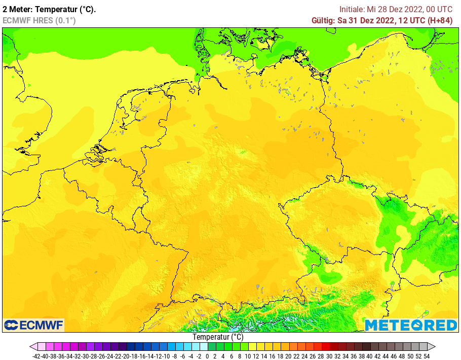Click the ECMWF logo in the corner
pyautogui.click(x=33, y=325)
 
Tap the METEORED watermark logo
pyautogui.click(x=411, y=325)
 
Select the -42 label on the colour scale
pyautogui.click(x=36, y=356)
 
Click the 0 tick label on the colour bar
pyautogui.click(x=207, y=356)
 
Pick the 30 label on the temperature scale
pyautogui.click(x=329, y=356)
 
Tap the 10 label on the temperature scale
pyautogui.click(x=247, y=356)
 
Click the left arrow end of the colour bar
pyautogui.click(x=33, y=347)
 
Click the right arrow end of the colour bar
pyautogui.click(x=431, y=347)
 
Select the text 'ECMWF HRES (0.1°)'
pyautogui.click(x=39, y=20)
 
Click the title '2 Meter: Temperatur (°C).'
pyautogui.click(x=49, y=9)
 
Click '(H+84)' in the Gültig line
pyautogui.click(x=440, y=20)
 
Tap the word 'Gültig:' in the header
pyautogui.click(x=323, y=20)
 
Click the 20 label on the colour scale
pyautogui.click(x=288, y=356)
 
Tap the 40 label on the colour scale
pyautogui.click(x=369, y=356)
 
